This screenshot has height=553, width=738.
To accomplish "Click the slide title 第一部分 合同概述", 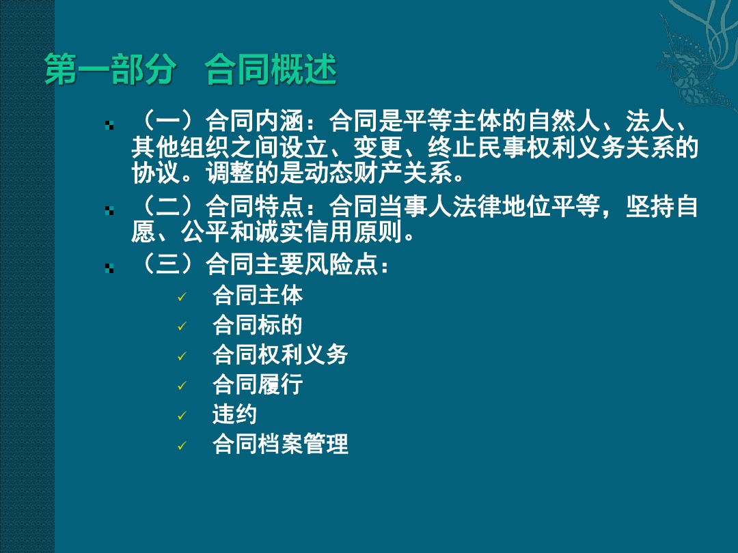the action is coord(191,70).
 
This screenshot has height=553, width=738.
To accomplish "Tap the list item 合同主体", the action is coord(258,296).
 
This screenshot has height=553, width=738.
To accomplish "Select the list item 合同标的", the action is coord(258,325).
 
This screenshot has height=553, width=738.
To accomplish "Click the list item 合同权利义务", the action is coord(280,354).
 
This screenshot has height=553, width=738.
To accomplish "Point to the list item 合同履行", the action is coord(258,384).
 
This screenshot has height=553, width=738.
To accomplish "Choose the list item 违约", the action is coord(234,414).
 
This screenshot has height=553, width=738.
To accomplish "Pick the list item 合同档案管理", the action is coord(280,444).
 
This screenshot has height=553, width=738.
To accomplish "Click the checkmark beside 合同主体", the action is coord(182,297).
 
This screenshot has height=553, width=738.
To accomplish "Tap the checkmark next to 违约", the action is coord(182,416).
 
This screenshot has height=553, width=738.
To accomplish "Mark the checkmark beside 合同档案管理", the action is coord(182,445).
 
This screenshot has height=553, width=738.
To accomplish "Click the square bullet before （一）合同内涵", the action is coord(109,125).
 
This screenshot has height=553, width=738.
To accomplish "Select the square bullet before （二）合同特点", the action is coord(109,210).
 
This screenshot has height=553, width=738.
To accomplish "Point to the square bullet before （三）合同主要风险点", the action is coord(109,268).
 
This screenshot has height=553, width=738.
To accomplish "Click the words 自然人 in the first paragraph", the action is coord(564,122).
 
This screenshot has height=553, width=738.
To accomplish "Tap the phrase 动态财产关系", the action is coord(377,172).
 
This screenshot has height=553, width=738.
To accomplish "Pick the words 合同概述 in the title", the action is coord(271,70).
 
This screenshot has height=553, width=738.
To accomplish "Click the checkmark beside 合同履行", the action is coord(182,386).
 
